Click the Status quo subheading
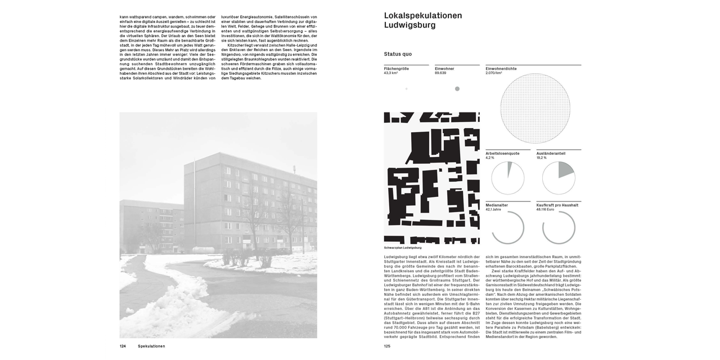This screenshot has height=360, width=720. point(398,54)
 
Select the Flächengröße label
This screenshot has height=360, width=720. point(396,69)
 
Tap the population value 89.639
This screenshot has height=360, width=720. point(440,73)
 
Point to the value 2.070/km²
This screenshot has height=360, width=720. point(494,73)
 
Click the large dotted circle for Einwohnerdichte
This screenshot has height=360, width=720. point(535,109)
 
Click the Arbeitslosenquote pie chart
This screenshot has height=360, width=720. point(507,178)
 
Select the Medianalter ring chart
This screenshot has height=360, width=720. point(507,227)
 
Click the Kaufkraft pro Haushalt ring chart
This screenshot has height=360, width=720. point(558,227)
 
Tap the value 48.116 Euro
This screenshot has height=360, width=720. point(545,209)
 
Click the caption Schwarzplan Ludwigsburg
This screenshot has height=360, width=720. point(403,247)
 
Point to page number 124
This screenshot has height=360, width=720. point(123,346)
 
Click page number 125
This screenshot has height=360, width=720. point(387,346)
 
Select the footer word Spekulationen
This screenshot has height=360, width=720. point(151,346)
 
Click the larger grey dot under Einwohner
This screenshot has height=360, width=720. point(457,89)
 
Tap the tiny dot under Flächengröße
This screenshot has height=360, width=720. point(406,89)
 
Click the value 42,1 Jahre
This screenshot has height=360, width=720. point(493,209)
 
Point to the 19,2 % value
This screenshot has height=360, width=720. point(541,157)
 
